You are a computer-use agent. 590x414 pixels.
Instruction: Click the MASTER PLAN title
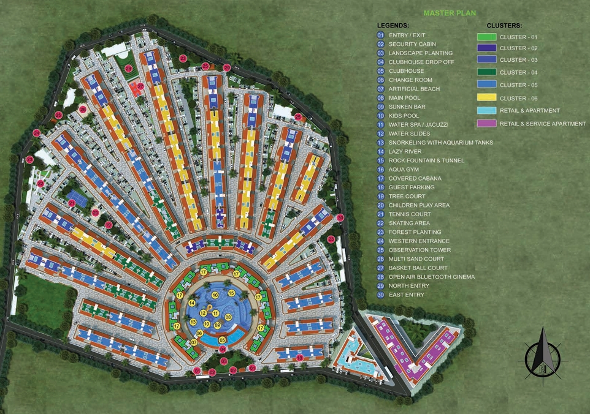tap(450, 12)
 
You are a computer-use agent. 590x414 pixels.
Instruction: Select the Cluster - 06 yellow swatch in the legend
tap(486, 98)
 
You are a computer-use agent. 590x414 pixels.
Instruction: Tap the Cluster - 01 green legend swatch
tap(486, 37)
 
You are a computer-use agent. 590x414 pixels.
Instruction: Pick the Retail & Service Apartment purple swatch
tap(486, 124)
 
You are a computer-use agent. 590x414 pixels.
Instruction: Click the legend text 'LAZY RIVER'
tap(406, 151)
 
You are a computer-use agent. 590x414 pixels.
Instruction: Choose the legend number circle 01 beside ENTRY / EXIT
tap(381, 36)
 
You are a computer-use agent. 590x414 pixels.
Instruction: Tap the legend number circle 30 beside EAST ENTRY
tap(381, 295)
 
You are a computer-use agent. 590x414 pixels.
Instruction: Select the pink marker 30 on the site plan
tap(340, 217)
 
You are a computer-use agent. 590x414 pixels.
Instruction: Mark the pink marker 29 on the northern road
tap(226, 67)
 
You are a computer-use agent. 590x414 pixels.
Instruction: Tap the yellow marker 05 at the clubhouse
tap(222, 340)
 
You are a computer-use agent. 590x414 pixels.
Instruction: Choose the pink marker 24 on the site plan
tap(37, 133)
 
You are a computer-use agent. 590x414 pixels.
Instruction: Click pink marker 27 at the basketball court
tap(140, 86)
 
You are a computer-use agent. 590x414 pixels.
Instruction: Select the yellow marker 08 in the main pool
tap(228, 317)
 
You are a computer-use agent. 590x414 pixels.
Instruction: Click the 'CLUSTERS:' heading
tap(504, 26)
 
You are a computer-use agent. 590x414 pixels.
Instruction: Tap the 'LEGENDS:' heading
tap(393, 26)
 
